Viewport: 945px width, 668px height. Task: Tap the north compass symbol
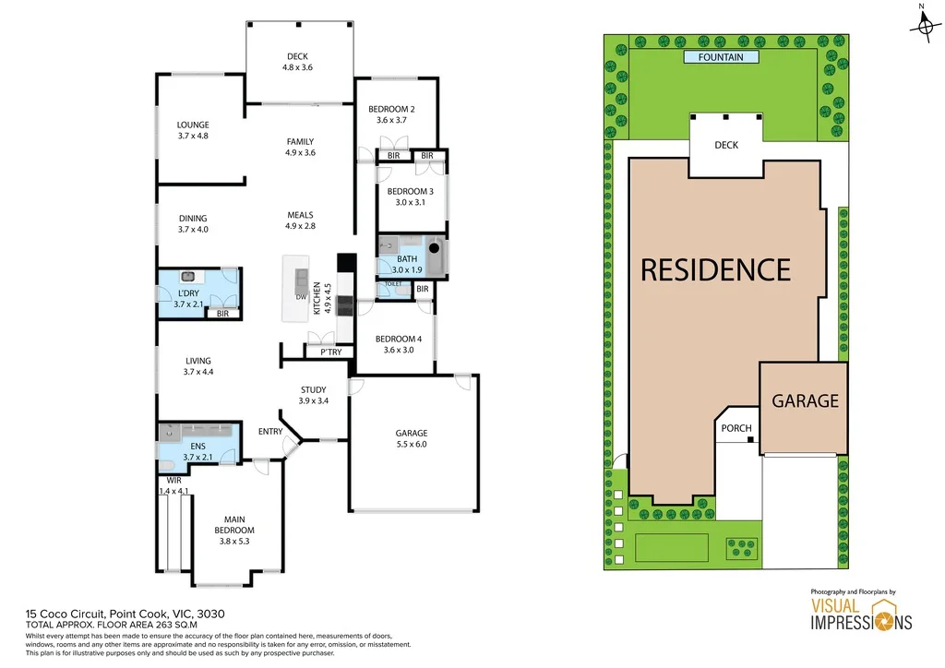point(923,26)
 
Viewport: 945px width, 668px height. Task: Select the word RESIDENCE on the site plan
point(715,269)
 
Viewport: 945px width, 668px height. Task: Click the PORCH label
point(736,428)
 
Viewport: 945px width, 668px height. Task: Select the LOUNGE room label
point(193,125)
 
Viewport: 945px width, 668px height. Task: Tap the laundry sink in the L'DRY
point(187,276)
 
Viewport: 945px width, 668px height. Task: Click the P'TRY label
point(330,352)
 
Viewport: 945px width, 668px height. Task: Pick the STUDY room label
point(313,389)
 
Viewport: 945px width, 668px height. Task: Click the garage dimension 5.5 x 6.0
point(412,445)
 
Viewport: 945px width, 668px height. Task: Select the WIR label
point(173,481)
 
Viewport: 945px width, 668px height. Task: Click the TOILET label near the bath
point(393,285)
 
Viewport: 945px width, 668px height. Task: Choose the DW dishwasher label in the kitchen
point(301,297)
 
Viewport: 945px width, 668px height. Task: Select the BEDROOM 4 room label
point(397,339)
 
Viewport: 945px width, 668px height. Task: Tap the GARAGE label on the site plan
point(805,400)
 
